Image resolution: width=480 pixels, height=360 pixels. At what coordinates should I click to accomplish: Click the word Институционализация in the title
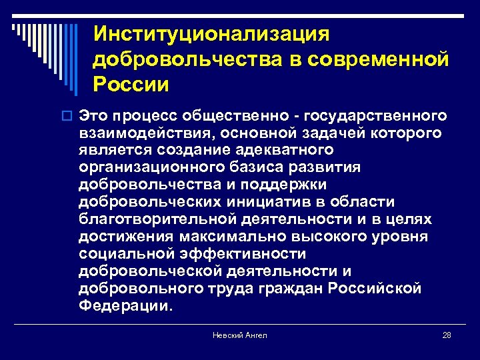tap(211, 33)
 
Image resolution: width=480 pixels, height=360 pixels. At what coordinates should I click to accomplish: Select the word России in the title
tap(131, 85)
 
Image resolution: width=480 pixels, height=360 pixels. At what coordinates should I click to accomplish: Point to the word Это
tap(96, 116)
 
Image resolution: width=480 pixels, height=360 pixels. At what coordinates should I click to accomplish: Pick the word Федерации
tap(124, 306)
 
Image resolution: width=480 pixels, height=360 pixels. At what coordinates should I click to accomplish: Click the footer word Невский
tap(227, 335)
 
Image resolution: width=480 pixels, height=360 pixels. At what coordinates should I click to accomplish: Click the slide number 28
tap(447, 335)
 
